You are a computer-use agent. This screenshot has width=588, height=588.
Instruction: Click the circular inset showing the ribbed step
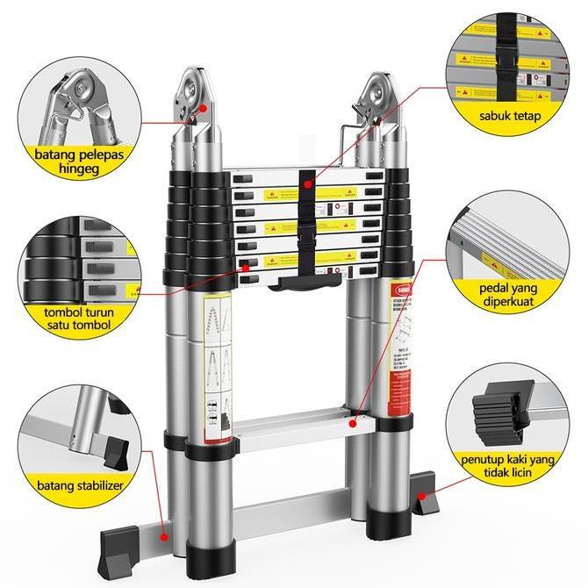click(507, 244)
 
